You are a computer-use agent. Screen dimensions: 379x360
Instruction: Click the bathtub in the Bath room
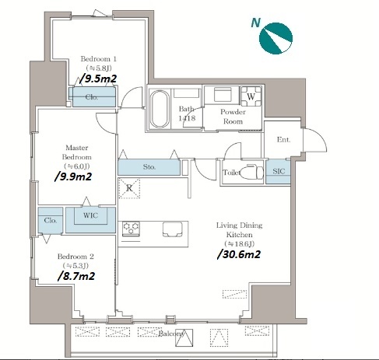pos(160,109)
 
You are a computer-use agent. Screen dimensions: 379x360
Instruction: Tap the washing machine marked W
pos(251,96)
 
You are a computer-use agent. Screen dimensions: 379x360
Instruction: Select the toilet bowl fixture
pos(251,171)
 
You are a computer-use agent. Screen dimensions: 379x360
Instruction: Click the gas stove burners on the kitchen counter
pos(131,229)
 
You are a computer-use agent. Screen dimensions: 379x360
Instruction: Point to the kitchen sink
pos(173,229)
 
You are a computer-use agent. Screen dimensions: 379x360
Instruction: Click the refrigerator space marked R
pos(129,188)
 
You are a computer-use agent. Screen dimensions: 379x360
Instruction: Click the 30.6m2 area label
pos(239,254)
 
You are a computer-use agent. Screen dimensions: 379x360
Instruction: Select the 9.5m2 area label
pos(98,79)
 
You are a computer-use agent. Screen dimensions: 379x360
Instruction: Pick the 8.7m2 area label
pos(76,276)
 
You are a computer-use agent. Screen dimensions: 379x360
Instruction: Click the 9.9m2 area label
pos(73,177)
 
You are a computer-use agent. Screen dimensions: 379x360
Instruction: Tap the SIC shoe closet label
pos(279,171)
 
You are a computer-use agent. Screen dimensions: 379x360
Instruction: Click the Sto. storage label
pos(149,167)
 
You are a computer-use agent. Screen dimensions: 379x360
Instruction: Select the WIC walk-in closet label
pos(90,215)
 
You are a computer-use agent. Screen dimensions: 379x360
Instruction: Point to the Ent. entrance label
pos(283,140)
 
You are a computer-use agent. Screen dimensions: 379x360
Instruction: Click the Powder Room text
pos(233,117)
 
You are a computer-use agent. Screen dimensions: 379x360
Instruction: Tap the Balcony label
pos(171,334)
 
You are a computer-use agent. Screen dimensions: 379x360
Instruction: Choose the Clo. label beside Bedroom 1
pos(92,97)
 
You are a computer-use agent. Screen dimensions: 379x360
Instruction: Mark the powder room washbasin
pos(223,95)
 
